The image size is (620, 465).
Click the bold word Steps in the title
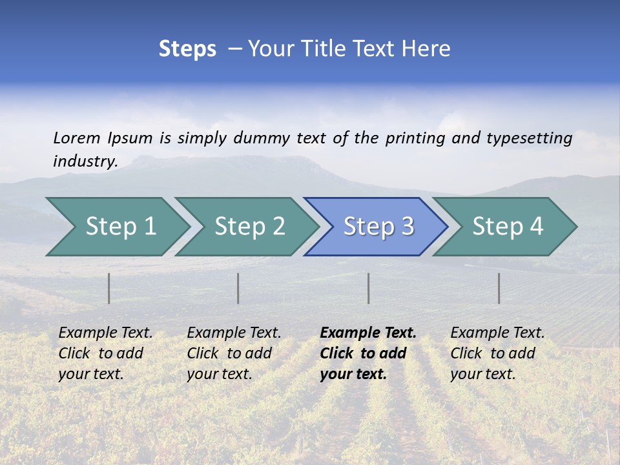[x=187, y=49]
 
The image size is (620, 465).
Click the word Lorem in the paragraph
[x=76, y=138]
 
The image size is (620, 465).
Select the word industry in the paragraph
[x=85, y=161]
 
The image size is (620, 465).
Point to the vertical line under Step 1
[x=108, y=288]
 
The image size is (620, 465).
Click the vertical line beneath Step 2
[x=238, y=288]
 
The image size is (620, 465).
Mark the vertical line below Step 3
[x=368, y=288]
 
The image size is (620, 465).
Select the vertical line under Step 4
[x=499, y=288]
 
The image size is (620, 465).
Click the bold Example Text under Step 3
[x=368, y=333]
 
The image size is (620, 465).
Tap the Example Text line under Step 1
[x=105, y=333]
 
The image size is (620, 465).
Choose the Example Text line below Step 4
[x=497, y=333]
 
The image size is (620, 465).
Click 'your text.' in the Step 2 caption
[x=219, y=374]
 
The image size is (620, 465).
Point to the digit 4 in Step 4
[x=536, y=227]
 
